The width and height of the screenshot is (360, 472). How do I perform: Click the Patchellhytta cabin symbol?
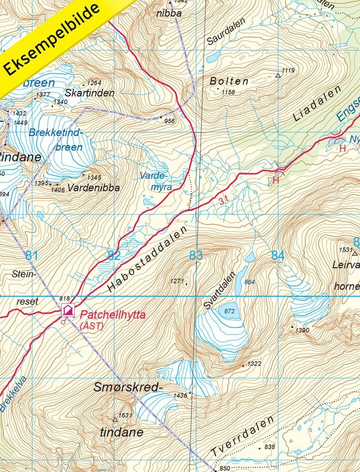pos(67,310)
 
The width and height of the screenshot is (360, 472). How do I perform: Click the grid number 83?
pos(195,256)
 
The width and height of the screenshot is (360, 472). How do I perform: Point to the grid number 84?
pos(278,256)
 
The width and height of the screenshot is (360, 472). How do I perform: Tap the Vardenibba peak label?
pos(93,188)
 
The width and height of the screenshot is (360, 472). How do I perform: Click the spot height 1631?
pos(125,415)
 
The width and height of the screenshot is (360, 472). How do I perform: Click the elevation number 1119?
pos(288,71)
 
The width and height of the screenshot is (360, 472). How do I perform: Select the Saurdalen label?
pos(226,32)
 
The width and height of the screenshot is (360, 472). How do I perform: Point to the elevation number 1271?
pos(177,281)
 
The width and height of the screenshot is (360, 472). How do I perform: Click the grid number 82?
pos(114,256)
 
